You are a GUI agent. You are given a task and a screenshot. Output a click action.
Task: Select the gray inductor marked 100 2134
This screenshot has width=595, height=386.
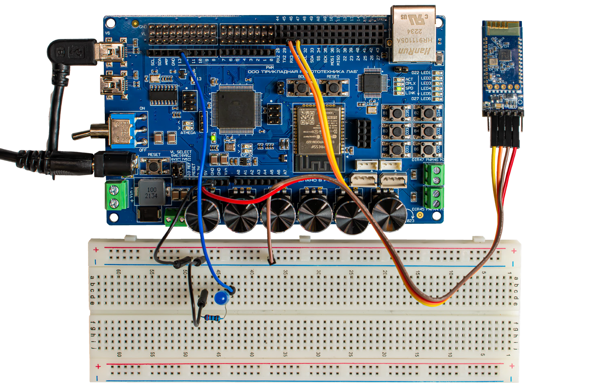click(151, 193)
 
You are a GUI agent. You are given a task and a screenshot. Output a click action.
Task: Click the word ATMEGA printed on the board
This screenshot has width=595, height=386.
click(188, 133)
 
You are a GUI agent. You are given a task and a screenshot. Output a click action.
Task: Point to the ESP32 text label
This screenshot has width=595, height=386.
click(247, 155)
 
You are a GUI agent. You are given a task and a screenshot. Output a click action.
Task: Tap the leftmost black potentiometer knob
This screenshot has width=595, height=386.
click(202, 215)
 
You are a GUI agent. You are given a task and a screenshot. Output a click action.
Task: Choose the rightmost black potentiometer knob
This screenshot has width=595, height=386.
click(389, 215)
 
